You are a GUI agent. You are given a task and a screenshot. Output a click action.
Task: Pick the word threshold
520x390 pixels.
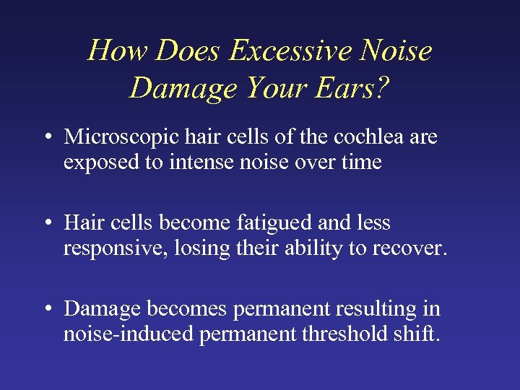[x=344, y=334]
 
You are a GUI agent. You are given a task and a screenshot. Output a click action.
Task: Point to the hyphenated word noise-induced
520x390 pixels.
[x=126, y=334]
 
